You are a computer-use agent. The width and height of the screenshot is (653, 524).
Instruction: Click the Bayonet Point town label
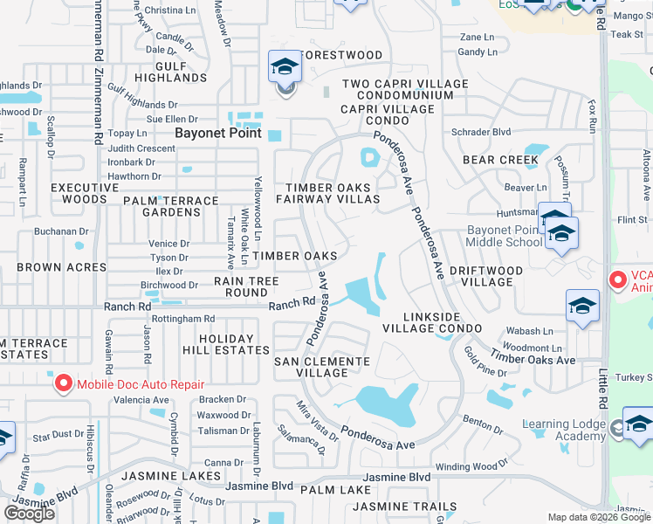pos(218,134)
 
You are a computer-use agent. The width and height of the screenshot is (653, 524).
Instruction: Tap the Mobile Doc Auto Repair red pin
pos(64,383)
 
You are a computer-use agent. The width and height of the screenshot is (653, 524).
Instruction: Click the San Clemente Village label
pos(321,367)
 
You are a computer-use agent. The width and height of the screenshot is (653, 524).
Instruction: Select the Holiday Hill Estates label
pos(226,344)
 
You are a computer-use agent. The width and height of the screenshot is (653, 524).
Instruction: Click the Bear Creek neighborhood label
pos(500,160)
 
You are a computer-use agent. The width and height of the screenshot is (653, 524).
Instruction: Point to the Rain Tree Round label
pos(247,286)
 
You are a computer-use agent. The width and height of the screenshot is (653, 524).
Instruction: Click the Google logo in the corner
pos(29,513)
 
